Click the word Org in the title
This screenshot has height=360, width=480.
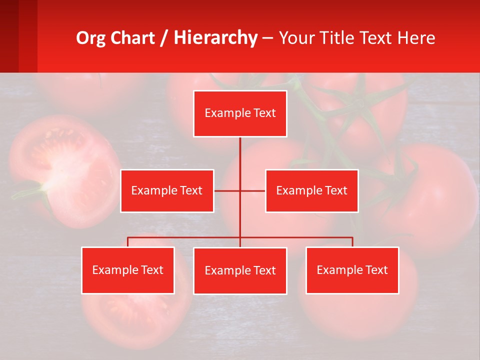(x=91, y=38)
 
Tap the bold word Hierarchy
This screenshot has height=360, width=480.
(x=215, y=38)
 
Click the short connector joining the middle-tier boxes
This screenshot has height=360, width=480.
(x=227, y=190)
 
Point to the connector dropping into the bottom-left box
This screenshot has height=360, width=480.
(x=128, y=241)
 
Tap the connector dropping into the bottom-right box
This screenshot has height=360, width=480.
(x=352, y=241)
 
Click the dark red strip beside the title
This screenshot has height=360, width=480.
(x=18, y=36)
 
